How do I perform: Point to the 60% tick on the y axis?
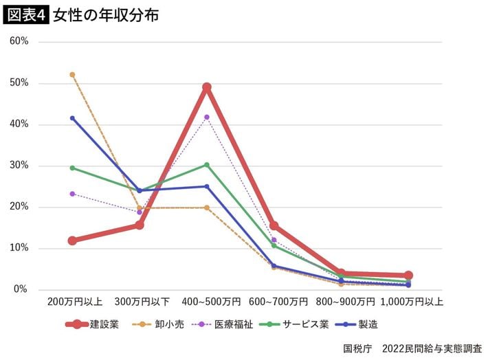point(19,41)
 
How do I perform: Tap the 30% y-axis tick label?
point(19,166)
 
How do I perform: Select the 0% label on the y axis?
point(22,289)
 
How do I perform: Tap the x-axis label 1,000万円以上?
point(411,302)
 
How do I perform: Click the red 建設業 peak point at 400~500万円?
point(206,87)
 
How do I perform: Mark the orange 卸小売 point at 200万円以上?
point(72,74)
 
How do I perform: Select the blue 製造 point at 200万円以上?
point(72,118)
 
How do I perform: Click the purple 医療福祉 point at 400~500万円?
point(206,117)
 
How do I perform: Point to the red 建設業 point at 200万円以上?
point(72,240)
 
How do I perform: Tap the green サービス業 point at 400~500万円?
point(206,165)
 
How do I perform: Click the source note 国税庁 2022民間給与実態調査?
point(412,348)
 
